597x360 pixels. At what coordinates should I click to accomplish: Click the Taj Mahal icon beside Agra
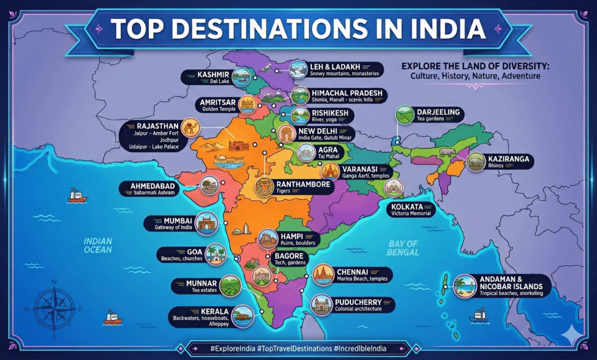(307, 153)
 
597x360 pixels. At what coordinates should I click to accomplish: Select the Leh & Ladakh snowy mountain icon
(300, 69)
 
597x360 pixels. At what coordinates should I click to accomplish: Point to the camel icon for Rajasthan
(191, 128)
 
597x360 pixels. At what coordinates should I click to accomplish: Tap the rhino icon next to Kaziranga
(475, 160)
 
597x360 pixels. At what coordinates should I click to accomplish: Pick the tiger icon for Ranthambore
(266, 188)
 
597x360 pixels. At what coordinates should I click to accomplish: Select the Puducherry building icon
(321, 305)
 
